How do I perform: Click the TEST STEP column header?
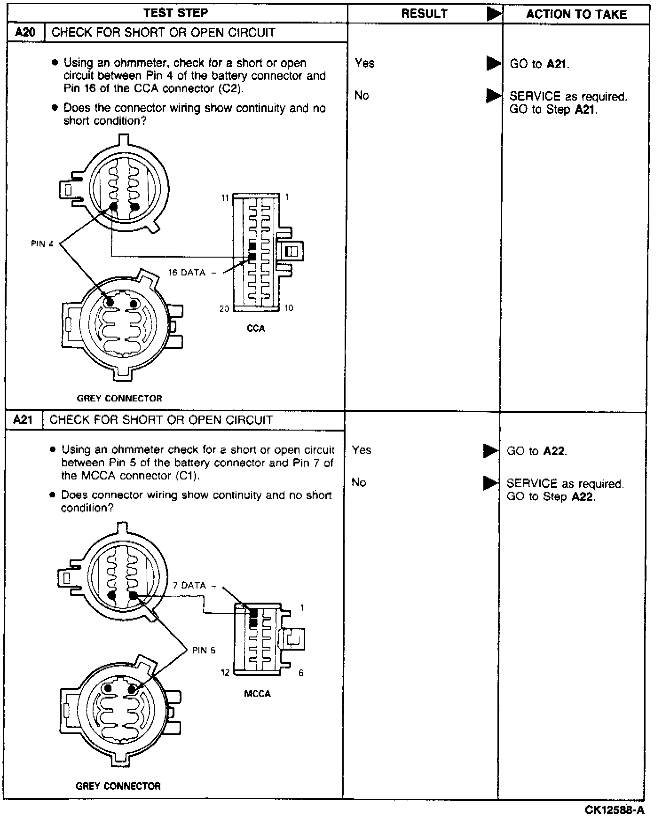[175, 13]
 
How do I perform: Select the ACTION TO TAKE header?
[576, 14]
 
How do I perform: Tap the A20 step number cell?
[25, 32]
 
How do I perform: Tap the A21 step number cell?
[23, 420]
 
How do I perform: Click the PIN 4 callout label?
[42, 244]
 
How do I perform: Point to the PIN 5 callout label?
[204, 650]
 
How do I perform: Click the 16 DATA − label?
[193, 272]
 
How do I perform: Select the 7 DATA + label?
[195, 586]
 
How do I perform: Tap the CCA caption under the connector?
[256, 329]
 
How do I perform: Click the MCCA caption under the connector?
[257, 693]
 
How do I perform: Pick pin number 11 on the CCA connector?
[225, 198]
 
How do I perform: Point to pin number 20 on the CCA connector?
[224, 308]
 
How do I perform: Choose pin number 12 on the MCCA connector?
[225, 673]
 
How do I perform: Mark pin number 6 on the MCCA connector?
[301, 673]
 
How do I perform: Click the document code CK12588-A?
[614, 809]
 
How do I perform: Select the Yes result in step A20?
[364, 63]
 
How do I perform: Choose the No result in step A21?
[359, 483]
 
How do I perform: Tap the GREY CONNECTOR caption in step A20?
[119, 398]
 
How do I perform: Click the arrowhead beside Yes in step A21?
[490, 451]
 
